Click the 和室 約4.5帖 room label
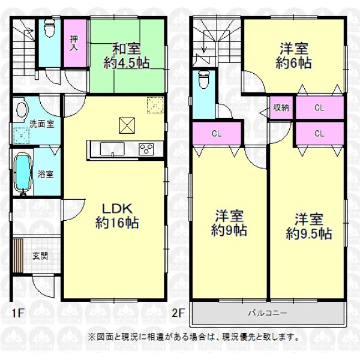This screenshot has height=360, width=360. pos(127,56)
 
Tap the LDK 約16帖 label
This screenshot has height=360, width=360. pos(117,216)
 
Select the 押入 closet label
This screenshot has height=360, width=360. pos(74,43)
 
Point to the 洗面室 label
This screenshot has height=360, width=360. pos(42,124)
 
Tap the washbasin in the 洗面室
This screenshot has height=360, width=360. pos(22,110)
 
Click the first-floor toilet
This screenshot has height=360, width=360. pos(49,28)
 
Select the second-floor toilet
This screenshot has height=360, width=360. pos(204,79)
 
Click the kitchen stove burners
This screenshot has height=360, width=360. pos(146,149)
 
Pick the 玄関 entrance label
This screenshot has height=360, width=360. pos(40,256)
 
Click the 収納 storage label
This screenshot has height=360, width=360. pos(281,107)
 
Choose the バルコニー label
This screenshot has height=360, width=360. pos(268,313)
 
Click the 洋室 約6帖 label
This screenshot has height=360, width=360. pos(293,56)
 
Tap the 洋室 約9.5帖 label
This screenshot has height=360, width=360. pos(309,226)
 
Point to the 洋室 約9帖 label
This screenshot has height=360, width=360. pos(229,223)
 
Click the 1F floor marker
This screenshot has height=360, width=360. pos(17,313)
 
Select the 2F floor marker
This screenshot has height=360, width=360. pos(178,313)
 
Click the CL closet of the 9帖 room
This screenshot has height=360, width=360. pos(217,133)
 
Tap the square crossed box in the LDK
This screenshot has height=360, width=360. pos(127,125)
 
